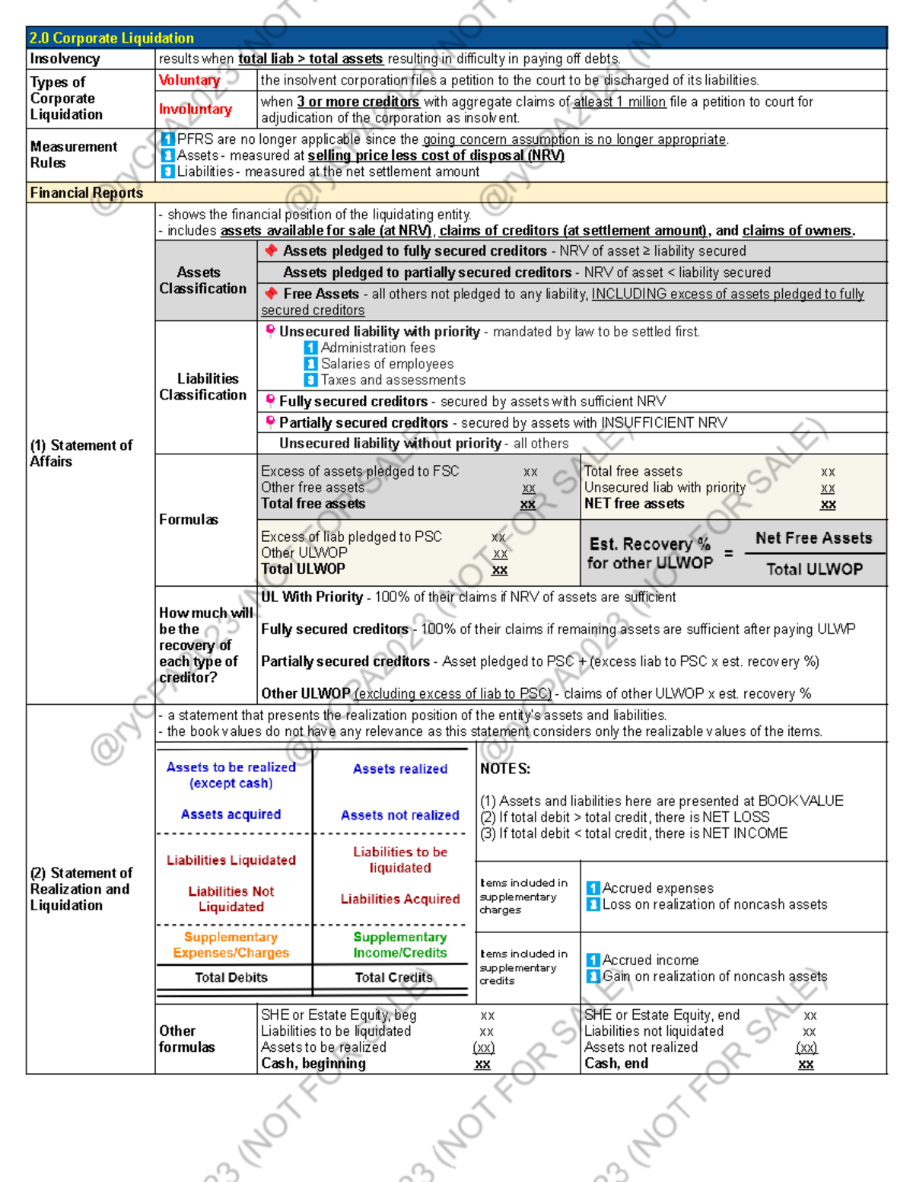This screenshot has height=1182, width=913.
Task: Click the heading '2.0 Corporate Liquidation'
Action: [x=112, y=38]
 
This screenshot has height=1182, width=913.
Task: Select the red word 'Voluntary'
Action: [x=189, y=80]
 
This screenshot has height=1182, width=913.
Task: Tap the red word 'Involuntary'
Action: [x=196, y=110]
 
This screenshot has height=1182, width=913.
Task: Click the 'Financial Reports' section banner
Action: [x=86, y=193]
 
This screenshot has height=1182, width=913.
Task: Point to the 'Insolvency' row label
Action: [x=65, y=59]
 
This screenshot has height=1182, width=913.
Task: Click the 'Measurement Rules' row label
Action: [x=74, y=155]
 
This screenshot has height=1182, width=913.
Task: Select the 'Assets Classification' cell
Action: [x=202, y=280]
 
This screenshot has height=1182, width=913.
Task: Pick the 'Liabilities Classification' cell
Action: [x=203, y=387]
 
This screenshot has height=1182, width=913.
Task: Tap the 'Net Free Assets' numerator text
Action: [x=813, y=538]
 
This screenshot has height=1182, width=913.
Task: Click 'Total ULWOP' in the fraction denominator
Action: [x=814, y=569]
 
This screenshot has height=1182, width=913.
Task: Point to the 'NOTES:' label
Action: [x=505, y=769]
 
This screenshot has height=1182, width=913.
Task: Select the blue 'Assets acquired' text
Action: [x=231, y=814]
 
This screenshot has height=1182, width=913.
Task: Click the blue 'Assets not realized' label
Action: [x=399, y=815]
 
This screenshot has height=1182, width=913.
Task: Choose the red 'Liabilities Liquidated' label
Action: [x=231, y=860]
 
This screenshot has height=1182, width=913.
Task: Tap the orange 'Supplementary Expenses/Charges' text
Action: [x=231, y=945]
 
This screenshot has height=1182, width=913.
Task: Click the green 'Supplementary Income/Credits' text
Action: [x=399, y=945]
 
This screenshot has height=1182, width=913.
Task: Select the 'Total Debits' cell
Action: [x=231, y=977]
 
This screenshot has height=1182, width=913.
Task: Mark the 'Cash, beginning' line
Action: [x=313, y=1063]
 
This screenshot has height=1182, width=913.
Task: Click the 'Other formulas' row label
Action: [x=186, y=1039]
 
